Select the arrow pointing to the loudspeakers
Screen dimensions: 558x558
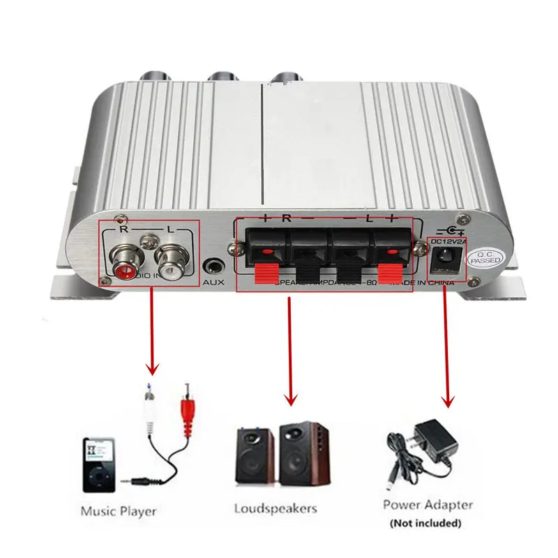pos(291,349)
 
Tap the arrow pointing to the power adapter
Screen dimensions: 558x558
pos(447,349)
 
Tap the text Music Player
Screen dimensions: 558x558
pos(119,511)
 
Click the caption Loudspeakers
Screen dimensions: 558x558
pos(276,508)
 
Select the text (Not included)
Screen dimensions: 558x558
pos(425,522)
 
